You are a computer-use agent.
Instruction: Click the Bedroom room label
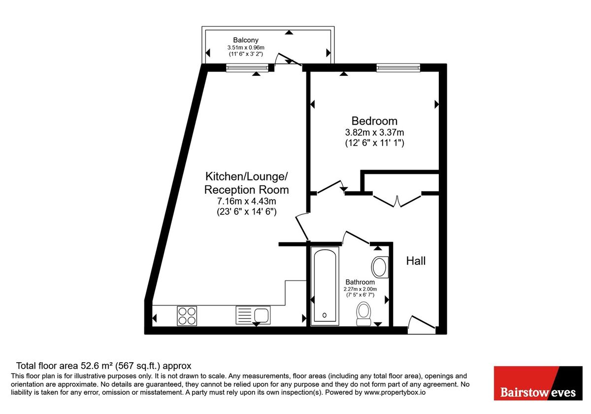coord(374,121)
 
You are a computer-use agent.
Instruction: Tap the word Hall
coord(416,261)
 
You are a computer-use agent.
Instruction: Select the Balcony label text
coord(246,40)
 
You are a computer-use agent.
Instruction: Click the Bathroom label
coord(360,282)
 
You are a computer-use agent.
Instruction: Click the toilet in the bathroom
coord(364,313)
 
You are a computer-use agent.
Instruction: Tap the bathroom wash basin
coord(379,267)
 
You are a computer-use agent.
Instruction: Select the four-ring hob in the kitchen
coord(187,315)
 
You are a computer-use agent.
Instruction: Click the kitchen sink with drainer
coord(253,314)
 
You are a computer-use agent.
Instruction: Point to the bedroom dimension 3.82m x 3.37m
coord(374,133)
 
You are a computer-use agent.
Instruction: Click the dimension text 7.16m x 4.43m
coord(247,201)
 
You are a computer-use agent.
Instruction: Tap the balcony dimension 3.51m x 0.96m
coord(246,47)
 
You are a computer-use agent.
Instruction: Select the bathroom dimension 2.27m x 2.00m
coord(360,289)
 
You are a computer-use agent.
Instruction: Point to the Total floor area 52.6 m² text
coord(103,366)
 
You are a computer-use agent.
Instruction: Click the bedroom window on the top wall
coord(398,68)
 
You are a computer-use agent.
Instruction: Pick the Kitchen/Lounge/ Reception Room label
coord(247,183)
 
